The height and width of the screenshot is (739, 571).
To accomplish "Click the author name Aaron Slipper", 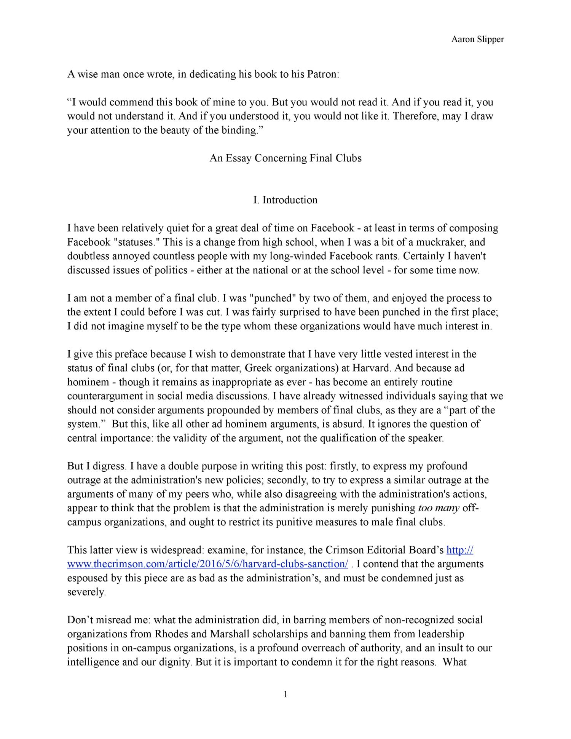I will pos(477,39).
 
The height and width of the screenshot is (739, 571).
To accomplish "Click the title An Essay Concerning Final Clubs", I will pos(285,158).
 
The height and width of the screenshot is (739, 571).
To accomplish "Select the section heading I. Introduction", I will pos(285,200).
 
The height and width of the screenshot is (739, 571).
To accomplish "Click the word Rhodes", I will pos(169,634).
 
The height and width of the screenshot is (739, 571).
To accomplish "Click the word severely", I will pos(86,592).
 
